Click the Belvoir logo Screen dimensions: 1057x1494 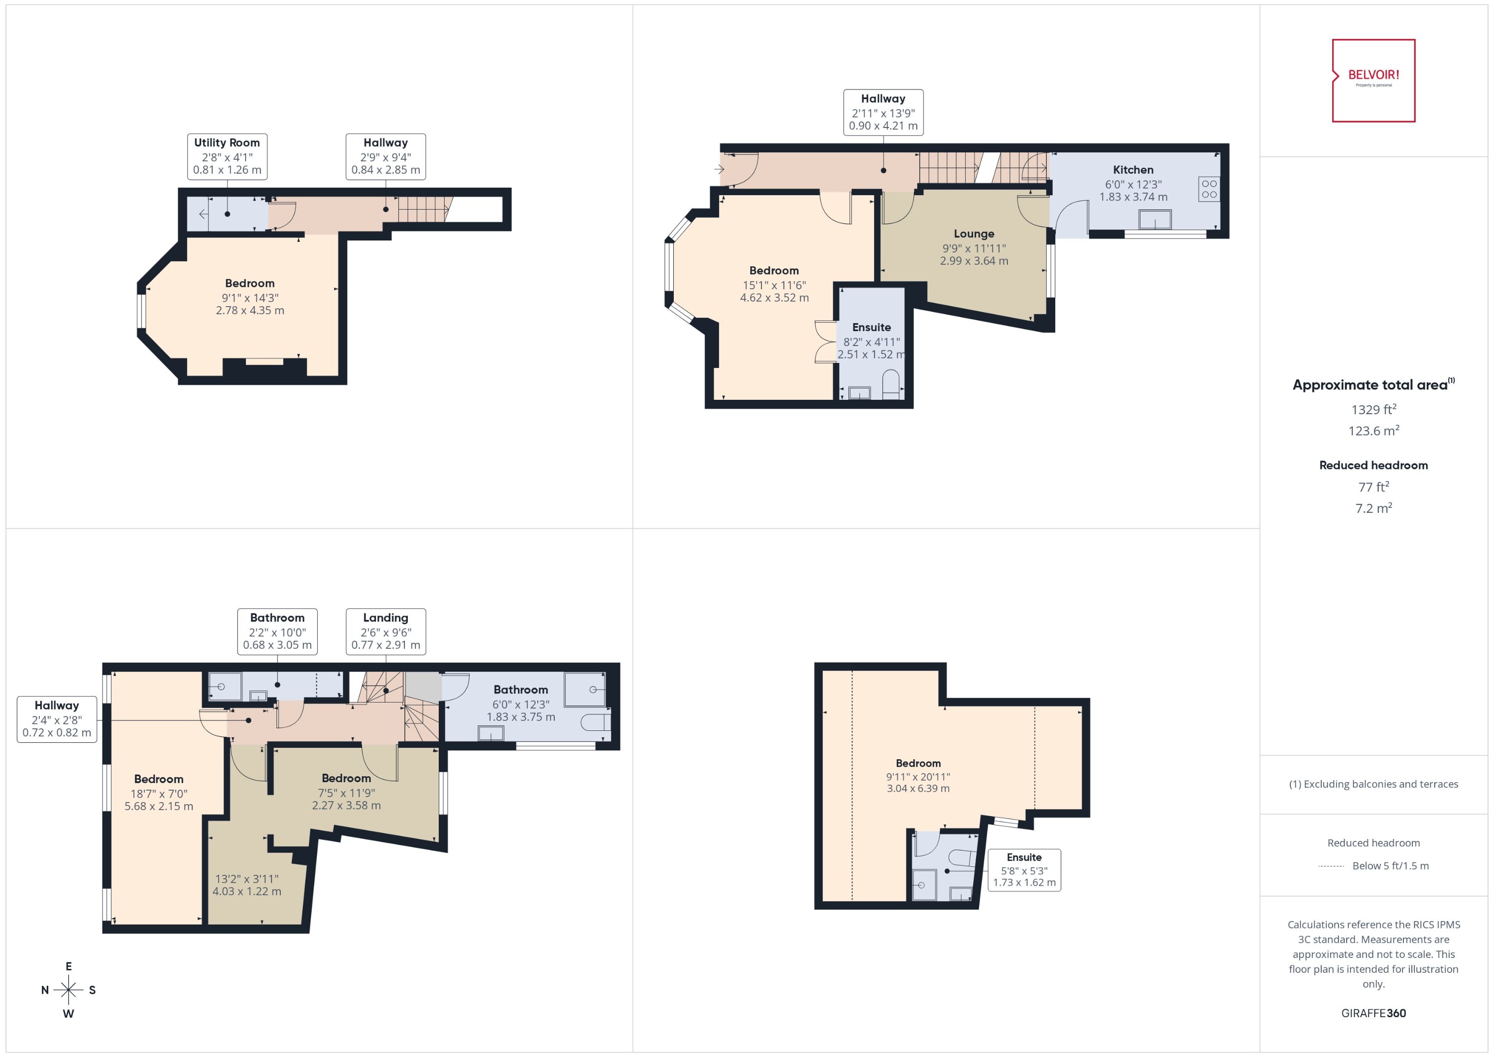pos(1373,80)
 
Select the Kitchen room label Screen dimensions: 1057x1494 pos(1133,170)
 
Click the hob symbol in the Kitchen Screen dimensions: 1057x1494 pos(1209,189)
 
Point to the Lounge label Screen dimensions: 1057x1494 pos(974,234)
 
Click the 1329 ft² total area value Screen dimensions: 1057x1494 pos(1373,409)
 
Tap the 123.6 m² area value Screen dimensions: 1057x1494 pos(1373,431)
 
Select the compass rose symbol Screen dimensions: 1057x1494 pos(68,990)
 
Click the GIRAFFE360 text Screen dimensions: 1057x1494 pos(1373,1013)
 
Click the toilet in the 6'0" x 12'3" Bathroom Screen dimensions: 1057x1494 pos(596,722)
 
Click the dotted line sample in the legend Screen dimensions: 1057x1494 pos(1331,866)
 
